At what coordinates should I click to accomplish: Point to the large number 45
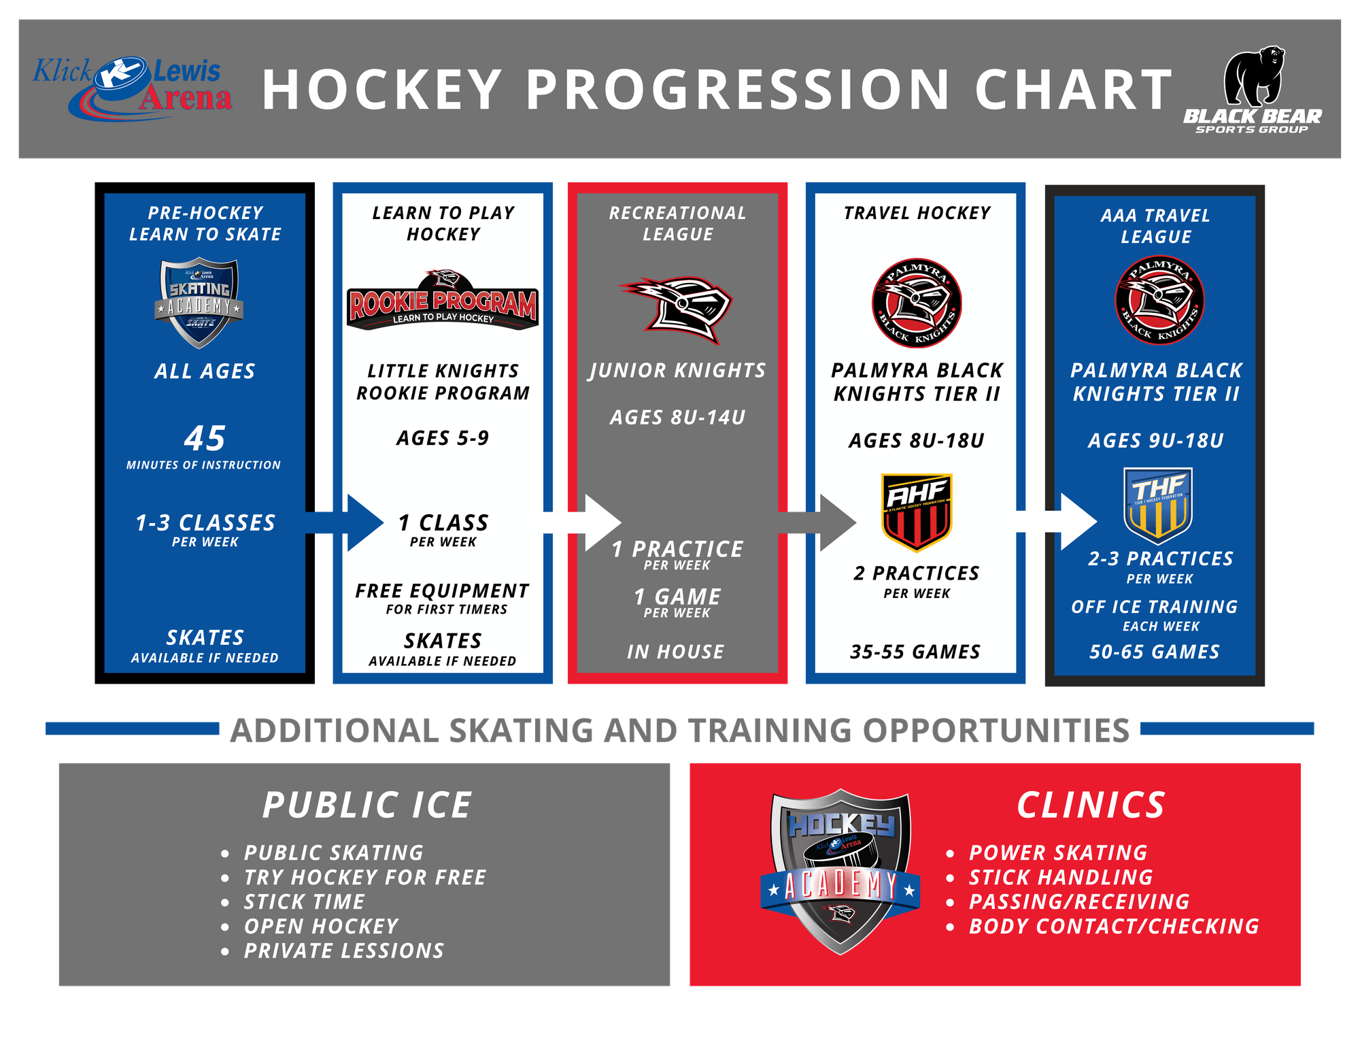(x=205, y=439)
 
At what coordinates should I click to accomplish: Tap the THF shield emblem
(x=1157, y=504)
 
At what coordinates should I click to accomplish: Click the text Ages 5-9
(x=443, y=439)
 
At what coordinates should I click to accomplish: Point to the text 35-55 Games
(x=915, y=652)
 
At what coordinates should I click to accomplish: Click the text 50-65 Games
(x=1155, y=652)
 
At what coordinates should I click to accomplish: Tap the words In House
(x=675, y=652)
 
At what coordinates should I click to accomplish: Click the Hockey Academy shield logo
(x=840, y=871)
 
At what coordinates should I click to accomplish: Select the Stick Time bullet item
(x=304, y=902)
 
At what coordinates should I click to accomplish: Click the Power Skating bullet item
(x=1058, y=853)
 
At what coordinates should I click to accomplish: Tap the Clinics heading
(x=1091, y=805)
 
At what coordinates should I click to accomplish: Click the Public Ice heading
(x=367, y=805)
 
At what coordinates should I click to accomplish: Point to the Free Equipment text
(x=443, y=591)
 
